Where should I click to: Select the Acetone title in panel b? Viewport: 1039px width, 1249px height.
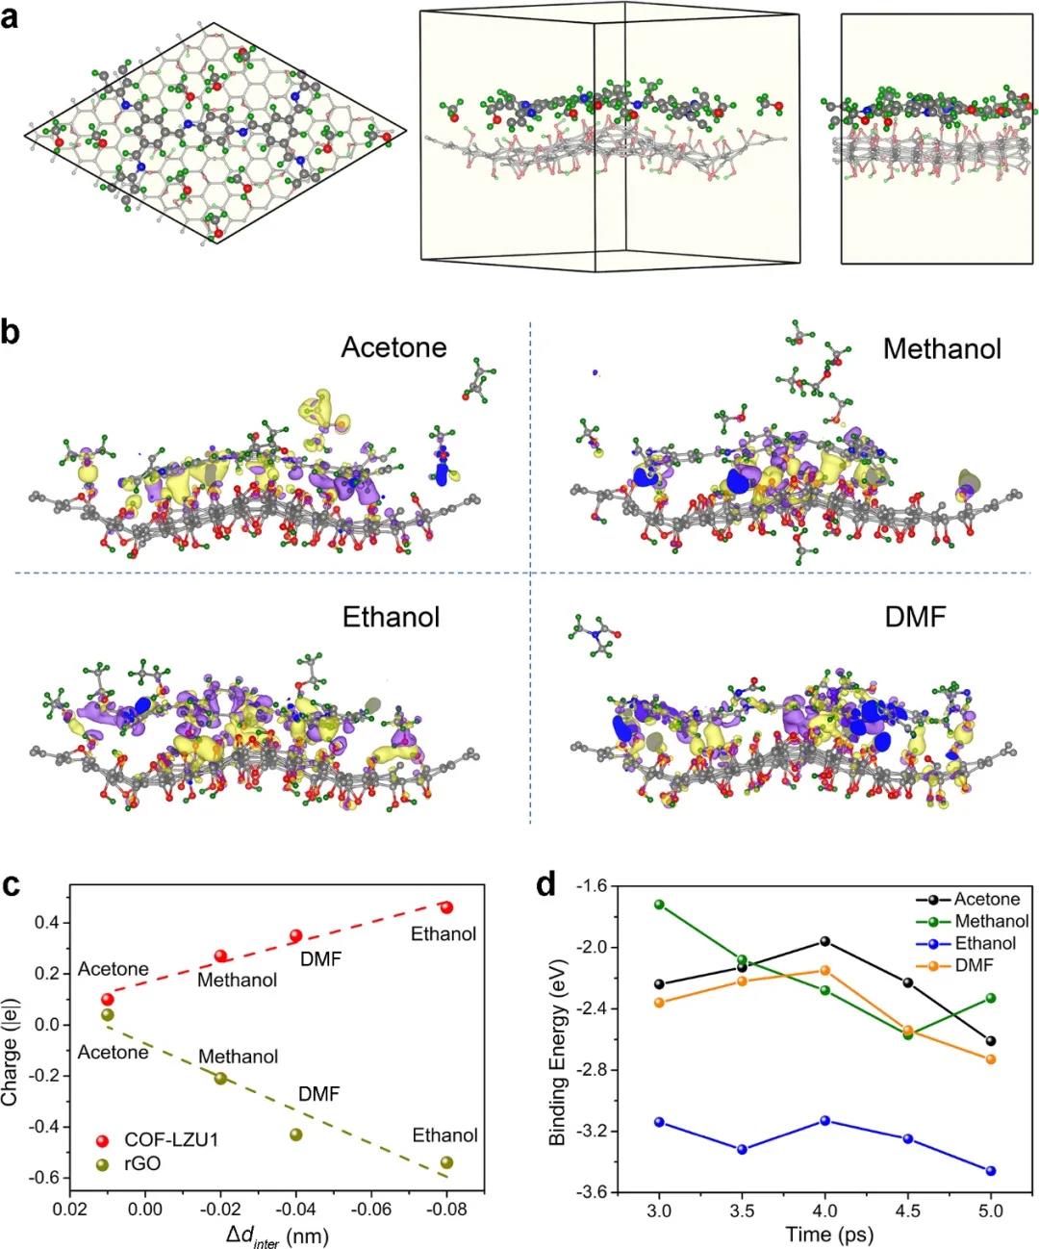[x=393, y=346]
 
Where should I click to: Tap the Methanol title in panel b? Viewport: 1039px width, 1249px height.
[x=942, y=348]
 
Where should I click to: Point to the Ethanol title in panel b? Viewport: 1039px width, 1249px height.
[x=391, y=617]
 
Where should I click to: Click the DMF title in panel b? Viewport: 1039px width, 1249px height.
[x=915, y=617]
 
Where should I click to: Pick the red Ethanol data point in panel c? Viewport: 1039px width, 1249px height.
[x=446, y=907]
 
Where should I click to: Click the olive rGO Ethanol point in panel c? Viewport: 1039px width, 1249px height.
[x=446, y=1162]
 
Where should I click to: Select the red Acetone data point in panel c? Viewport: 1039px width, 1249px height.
[x=108, y=999]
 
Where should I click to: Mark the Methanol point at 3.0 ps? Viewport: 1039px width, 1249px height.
[x=659, y=905]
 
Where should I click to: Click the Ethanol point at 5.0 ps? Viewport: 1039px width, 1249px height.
[x=991, y=1171]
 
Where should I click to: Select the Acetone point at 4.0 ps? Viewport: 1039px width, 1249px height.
[x=825, y=940]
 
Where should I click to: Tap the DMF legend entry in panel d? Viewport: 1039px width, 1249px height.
[x=974, y=965]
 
